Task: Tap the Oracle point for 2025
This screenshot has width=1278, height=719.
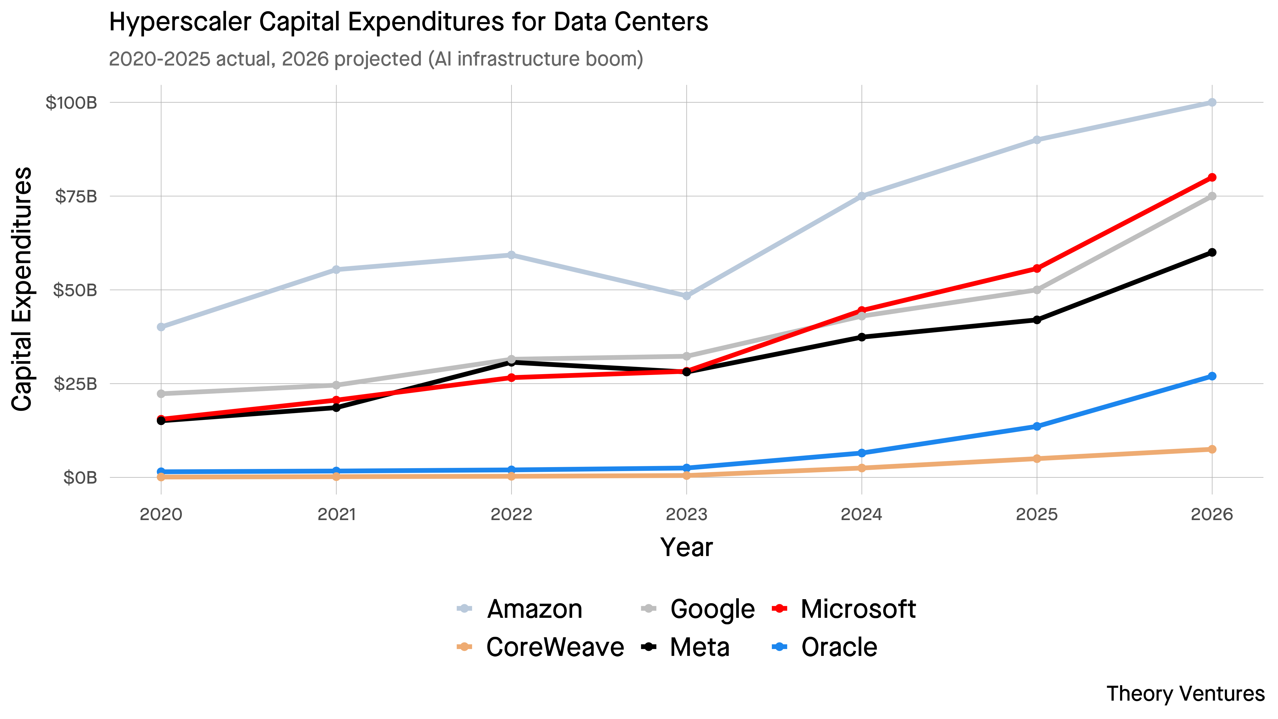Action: tap(1037, 426)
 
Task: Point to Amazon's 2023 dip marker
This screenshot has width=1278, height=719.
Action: tap(687, 296)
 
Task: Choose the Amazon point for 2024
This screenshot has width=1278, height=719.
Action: tap(862, 196)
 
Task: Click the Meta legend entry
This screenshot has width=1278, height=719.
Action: tap(699, 647)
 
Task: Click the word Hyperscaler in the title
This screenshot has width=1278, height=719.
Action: tap(180, 22)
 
